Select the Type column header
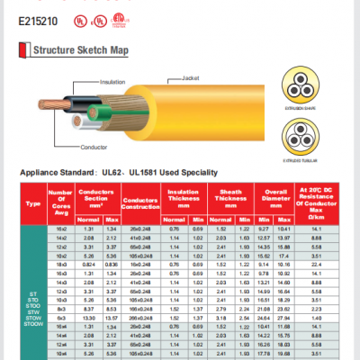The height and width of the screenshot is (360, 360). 34,203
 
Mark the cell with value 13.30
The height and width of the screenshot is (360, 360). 89,343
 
